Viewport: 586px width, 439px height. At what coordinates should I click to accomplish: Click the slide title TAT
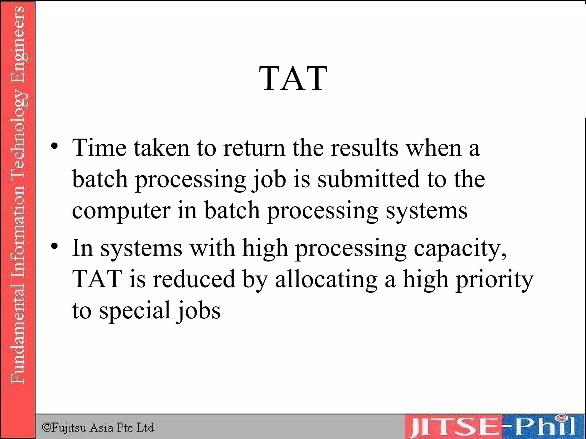tap(293, 78)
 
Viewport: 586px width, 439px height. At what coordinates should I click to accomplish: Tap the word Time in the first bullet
tap(99, 148)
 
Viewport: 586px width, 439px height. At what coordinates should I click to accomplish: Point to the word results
tap(364, 148)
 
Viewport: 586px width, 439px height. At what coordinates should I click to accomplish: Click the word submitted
tap(369, 179)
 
